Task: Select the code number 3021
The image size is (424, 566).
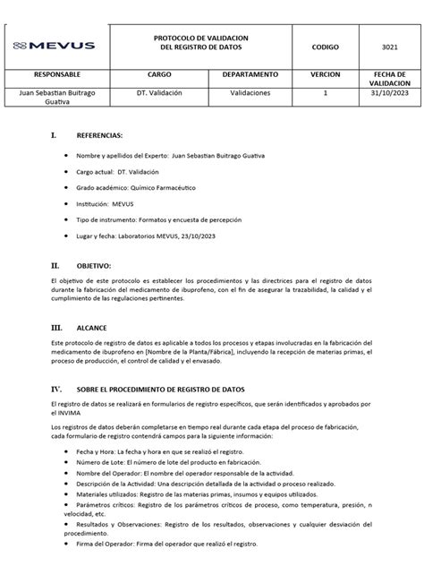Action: [x=384, y=45]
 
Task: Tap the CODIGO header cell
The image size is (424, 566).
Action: [x=325, y=45]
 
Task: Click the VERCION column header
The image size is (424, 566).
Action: [x=325, y=74]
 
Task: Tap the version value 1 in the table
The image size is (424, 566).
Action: [x=325, y=92]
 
